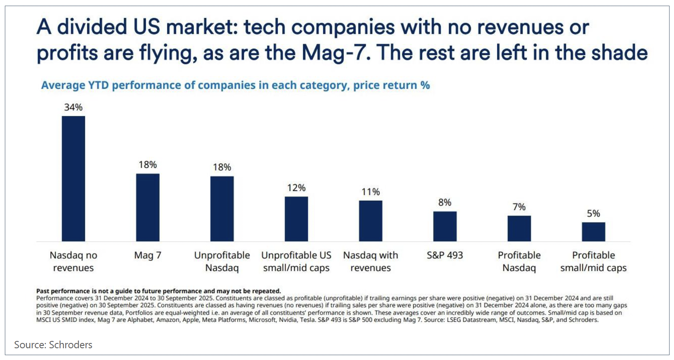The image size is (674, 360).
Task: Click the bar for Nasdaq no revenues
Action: click(x=73, y=178)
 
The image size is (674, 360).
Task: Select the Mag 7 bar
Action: click(x=148, y=207)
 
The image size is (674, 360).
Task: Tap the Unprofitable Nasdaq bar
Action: click(x=222, y=208)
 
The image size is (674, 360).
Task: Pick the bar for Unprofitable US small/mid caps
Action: click(x=296, y=219)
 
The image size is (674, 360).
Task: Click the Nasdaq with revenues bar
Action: click(x=370, y=221)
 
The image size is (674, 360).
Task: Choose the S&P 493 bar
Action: click(x=445, y=226)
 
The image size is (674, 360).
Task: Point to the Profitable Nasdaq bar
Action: click(x=519, y=228)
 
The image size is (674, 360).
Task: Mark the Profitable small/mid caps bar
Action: click(x=593, y=231)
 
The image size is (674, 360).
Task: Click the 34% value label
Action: click(x=73, y=107)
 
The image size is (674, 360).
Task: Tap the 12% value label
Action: click(x=296, y=188)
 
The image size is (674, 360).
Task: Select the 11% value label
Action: click(x=371, y=192)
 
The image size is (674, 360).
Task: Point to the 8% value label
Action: click(x=445, y=202)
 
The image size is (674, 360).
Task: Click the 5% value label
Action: click(x=593, y=213)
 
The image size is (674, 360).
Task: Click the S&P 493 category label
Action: click(x=445, y=255)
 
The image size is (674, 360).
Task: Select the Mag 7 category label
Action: click(x=148, y=255)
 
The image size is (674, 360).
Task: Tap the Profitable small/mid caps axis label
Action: click(x=593, y=261)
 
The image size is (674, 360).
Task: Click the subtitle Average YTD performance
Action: click(x=235, y=85)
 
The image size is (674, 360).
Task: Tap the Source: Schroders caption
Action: click(x=53, y=345)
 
